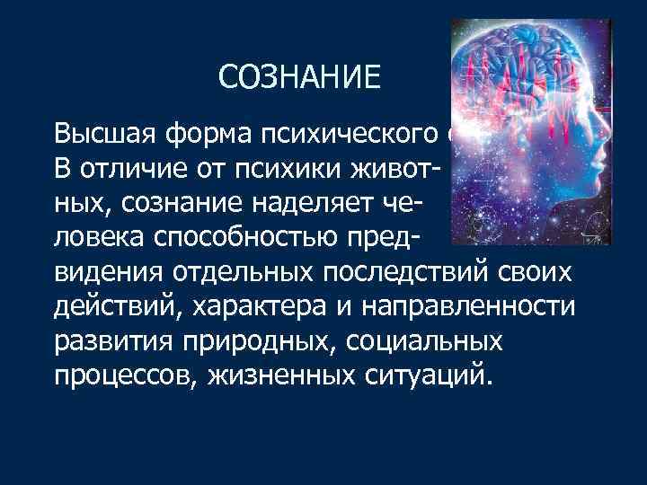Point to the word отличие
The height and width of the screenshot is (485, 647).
122,167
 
